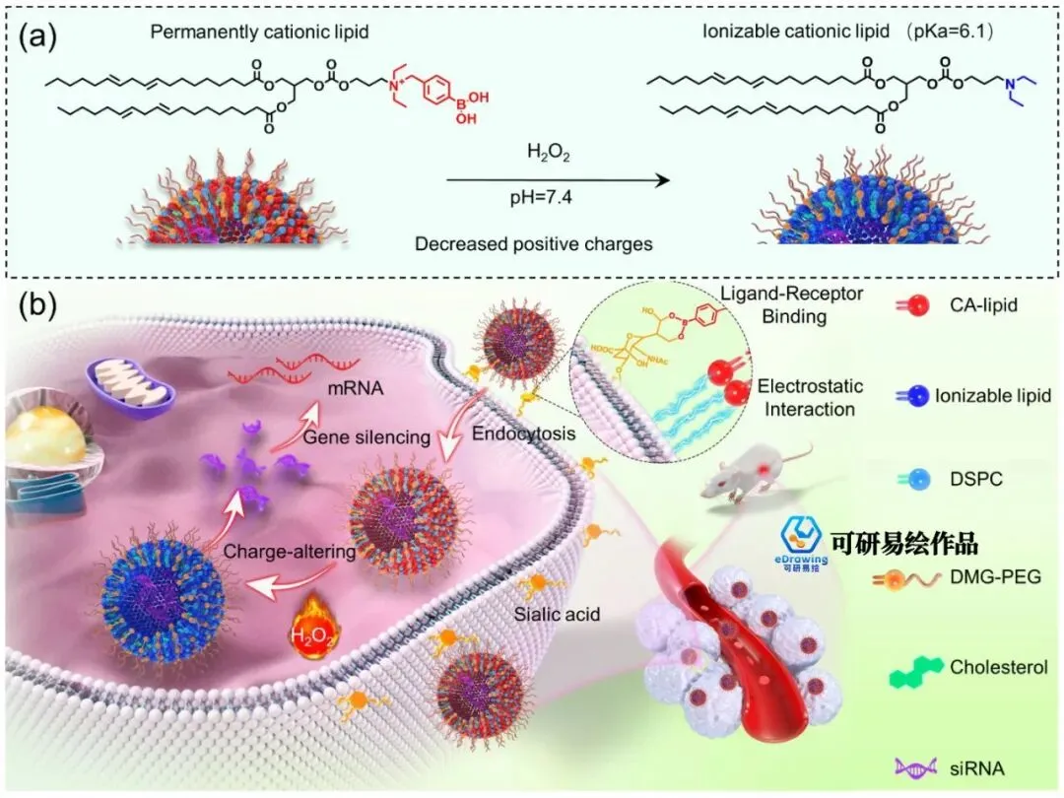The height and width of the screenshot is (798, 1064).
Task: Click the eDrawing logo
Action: [x=803, y=540]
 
